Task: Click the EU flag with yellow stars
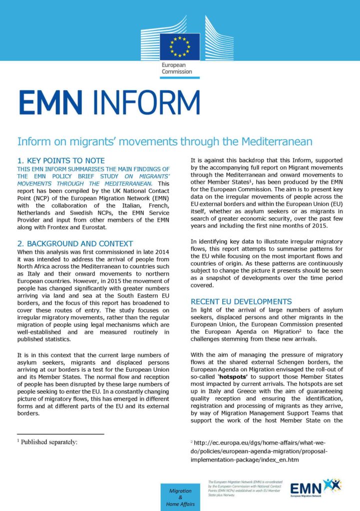[180, 46]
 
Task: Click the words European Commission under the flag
[176, 68]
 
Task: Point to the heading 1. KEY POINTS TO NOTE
[61, 161]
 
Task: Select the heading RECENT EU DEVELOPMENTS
[242, 302]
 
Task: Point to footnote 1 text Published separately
[49, 442]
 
